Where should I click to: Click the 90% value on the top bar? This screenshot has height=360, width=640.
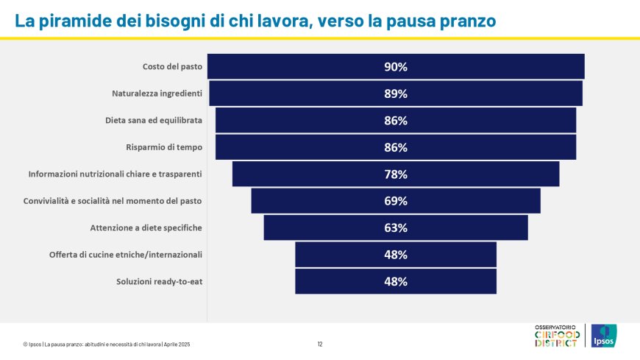[396, 67]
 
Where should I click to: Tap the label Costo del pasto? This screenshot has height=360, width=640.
[172, 67]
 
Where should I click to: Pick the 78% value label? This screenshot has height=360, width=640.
[396, 174]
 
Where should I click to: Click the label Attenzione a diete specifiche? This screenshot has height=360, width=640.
[146, 227]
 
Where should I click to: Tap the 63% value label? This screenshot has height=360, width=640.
[396, 227]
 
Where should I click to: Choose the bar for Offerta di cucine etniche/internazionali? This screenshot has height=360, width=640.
[338, 255]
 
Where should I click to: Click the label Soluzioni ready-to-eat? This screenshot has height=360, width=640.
[159, 281]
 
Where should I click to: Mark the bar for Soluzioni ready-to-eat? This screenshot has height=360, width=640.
[338, 281]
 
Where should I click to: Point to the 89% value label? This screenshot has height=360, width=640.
[396, 93]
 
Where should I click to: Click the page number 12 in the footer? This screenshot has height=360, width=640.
[320, 344]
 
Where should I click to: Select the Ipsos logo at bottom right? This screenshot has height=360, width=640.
[604, 336]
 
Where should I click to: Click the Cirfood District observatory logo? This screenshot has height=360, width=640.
[556, 336]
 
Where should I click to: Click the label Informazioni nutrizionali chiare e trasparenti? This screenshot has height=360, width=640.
[115, 174]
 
